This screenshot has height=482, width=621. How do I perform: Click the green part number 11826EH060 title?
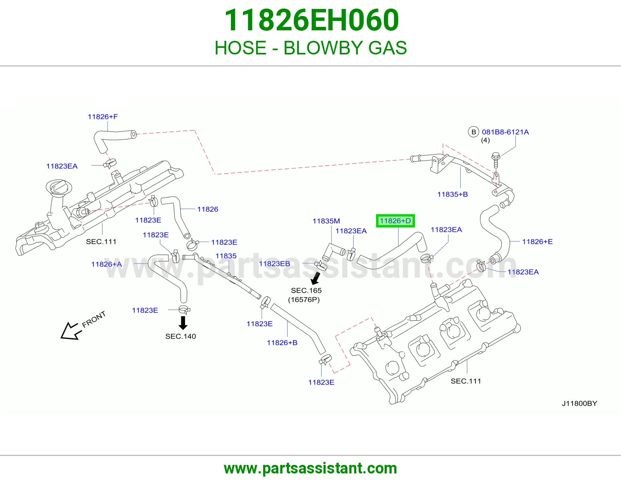[x=312, y=20]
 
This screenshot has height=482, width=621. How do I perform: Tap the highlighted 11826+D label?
[x=395, y=221]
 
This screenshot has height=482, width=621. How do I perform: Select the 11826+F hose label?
[x=102, y=117]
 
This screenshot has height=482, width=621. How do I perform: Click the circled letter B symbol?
[x=473, y=132]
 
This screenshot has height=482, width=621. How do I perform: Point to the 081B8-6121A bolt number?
[x=505, y=132]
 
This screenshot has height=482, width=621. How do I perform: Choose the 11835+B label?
[x=453, y=194]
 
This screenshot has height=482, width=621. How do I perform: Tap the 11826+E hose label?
[x=537, y=241]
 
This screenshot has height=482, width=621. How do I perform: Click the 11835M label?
[x=326, y=221]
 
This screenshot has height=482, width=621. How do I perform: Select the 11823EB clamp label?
[x=274, y=264]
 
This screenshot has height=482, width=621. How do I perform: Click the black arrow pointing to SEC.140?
[x=183, y=323]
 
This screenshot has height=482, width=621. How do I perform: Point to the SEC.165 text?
[x=306, y=290]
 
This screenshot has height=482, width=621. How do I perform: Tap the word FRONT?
[x=94, y=319]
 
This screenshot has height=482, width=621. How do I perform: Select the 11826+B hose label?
[x=282, y=342]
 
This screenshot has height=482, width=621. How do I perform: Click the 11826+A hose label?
[x=106, y=264]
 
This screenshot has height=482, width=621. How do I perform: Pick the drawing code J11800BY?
[x=579, y=403]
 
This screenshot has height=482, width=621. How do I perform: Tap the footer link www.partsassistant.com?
[x=310, y=468]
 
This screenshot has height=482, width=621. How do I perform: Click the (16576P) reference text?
[x=304, y=300]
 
